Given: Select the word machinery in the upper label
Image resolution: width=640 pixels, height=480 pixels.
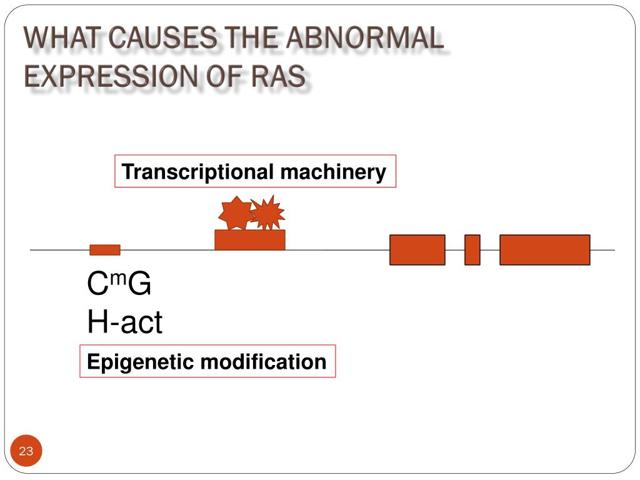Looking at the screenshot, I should (x=333, y=172).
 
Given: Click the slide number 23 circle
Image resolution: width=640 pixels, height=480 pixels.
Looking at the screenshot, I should (x=26, y=451).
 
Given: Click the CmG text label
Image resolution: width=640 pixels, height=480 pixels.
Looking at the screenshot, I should (x=119, y=285).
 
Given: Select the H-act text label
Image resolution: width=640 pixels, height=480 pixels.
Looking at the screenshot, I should (x=124, y=322).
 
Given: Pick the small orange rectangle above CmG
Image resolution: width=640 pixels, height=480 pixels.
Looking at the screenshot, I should (x=105, y=250).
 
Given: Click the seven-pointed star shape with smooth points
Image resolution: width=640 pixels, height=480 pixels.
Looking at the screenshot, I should (x=235, y=213).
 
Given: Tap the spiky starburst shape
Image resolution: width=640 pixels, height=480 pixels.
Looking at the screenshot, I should (x=268, y=213).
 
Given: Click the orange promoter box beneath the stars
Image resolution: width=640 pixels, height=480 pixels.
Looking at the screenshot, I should (x=249, y=240).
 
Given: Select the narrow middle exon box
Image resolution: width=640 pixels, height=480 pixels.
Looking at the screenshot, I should (x=472, y=250).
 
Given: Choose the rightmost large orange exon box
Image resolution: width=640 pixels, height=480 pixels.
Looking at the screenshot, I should (x=544, y=250).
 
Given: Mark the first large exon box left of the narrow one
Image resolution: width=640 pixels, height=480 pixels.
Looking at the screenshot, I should (x=417, y=250).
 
